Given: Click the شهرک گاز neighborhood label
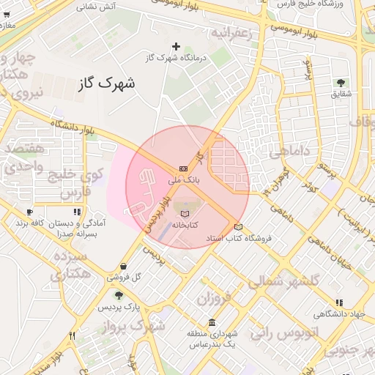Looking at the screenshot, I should (107, 83).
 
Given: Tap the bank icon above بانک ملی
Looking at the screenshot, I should (182, 168).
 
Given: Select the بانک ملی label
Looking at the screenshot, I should (182, 179).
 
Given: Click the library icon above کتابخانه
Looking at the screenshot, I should (183, 214).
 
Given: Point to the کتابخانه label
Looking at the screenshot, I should (183, 224).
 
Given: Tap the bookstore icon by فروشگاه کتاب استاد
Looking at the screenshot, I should (237, 226).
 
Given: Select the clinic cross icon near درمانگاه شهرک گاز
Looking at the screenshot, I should (176, 47).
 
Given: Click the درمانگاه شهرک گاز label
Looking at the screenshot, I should (177, 57).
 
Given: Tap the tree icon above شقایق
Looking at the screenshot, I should (341, 83).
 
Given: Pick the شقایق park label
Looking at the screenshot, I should (341, 94).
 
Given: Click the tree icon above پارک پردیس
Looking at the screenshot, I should (119, 295).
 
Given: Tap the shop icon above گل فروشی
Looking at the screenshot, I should (123, 267).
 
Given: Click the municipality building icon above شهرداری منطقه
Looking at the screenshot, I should (212, 323).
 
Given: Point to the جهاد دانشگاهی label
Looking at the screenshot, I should (339, 314).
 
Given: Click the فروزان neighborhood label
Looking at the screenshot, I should (213, 298).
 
